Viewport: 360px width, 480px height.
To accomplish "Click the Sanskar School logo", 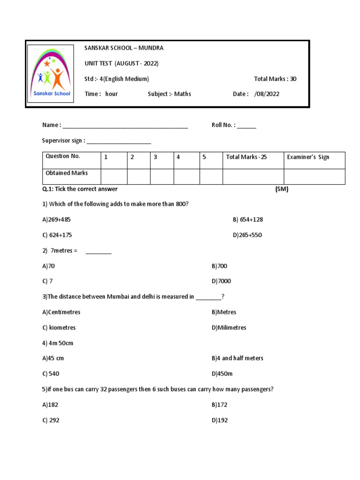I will [50, 74].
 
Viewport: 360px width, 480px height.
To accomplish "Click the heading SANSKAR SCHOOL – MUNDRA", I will [124, 48].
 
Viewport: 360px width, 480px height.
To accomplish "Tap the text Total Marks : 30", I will [275, 79].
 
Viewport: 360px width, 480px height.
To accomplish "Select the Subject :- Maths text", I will [169, 94].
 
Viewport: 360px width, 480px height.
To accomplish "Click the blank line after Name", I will [125, 126].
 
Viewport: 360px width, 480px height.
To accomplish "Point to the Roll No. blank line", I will [247, 126].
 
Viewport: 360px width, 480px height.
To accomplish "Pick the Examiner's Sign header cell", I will [314, 160].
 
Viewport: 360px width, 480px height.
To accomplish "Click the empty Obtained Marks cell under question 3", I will [162, 176].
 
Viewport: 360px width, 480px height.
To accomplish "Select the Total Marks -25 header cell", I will [253, 160].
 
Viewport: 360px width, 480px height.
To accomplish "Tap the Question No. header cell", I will [71, 160].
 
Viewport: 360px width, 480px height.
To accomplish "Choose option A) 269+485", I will [57, 219].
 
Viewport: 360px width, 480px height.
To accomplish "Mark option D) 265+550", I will [247, 235].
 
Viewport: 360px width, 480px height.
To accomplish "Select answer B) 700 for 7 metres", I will [219, 266].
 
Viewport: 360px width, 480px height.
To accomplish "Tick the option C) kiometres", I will [59, 327].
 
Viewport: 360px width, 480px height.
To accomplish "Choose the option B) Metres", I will [224, 312].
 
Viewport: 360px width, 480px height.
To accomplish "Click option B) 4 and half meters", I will [237, 358].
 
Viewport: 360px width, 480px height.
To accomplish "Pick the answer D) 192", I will [219, 420].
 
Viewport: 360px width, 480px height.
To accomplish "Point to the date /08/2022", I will [266, 94].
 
